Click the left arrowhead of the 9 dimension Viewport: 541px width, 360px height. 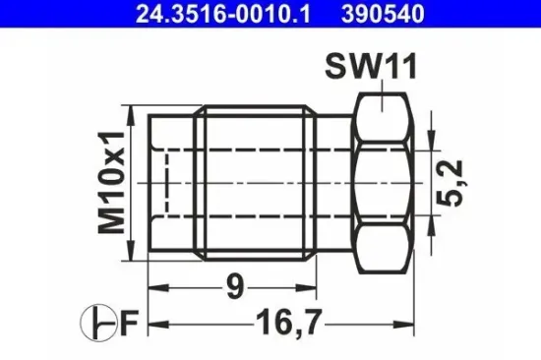click(x=156, y=288)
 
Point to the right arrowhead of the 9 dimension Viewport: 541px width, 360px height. click(x=312, y=288)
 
